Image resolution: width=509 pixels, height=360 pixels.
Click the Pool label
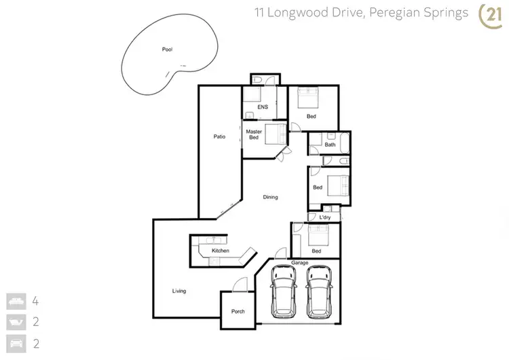coord(167,50)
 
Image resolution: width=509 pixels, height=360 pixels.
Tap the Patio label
coord(219,137)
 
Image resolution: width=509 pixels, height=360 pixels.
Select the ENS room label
coord(263,107)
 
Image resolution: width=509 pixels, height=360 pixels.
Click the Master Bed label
coord(254,134)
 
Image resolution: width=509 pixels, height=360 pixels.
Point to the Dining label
coord(271,197)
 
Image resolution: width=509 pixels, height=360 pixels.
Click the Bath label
coord(330,145)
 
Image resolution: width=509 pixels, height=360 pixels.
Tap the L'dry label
coord(324,217)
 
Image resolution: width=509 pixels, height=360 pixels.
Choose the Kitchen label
coord(221,251)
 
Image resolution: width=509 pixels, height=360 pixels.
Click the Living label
coord(179,291)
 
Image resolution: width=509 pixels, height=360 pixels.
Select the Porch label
coord(238,312)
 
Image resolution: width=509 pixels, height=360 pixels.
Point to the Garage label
coord(300,262)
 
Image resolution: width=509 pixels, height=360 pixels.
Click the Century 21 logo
coord(490,15)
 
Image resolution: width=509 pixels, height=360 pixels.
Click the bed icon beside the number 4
coord(16,300)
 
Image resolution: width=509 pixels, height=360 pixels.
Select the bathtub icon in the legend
coord(16,321)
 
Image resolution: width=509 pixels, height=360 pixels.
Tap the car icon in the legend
coord(16,342)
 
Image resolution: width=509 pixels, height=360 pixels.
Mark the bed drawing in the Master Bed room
coord(276,134)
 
